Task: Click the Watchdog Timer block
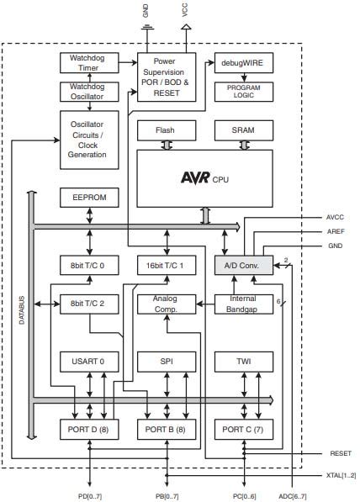click(x=89, y=62)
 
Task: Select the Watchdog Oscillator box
click(x=89, y=92)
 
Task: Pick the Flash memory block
click(x=166, y=130)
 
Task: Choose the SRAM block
click(x=243, y=130)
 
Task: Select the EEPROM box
click(x=89, y=198)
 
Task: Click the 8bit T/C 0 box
click(x=89, y=265)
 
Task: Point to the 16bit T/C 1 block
click(x=166, y=265)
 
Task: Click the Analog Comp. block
click(x=166, y=304)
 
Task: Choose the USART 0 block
click(x=89, y=362)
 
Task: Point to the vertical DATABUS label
click(x=22, y=312)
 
